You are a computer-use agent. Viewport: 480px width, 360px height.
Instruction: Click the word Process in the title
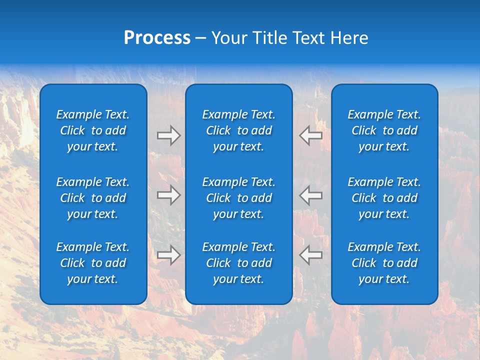point(157,38)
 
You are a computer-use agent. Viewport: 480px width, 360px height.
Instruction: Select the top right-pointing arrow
point(168,135)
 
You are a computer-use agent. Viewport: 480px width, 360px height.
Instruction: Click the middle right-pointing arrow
point(168,195)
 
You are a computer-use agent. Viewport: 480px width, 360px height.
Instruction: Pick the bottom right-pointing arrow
point(168,255)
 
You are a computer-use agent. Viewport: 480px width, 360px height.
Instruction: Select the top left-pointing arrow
point(311,135)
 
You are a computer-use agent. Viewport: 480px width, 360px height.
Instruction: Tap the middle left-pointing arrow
point(311,195)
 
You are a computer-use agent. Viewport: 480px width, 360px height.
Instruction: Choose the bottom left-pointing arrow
point(311,255)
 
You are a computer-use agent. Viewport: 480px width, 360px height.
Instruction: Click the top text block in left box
point(93,130)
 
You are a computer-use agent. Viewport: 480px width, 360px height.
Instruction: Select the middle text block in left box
point(93,198)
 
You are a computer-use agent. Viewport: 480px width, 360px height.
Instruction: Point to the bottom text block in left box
point(93,263)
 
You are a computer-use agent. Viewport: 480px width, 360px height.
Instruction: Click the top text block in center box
point(238,130)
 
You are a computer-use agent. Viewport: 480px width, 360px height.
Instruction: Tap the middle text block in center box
point(238,198)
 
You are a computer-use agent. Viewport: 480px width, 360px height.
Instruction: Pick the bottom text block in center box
point(238,263)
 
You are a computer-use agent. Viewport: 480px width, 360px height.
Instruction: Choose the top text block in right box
point(384,130)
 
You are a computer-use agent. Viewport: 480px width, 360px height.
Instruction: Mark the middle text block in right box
point(384,198)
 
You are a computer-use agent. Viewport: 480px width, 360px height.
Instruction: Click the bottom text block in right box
point(384,263)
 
